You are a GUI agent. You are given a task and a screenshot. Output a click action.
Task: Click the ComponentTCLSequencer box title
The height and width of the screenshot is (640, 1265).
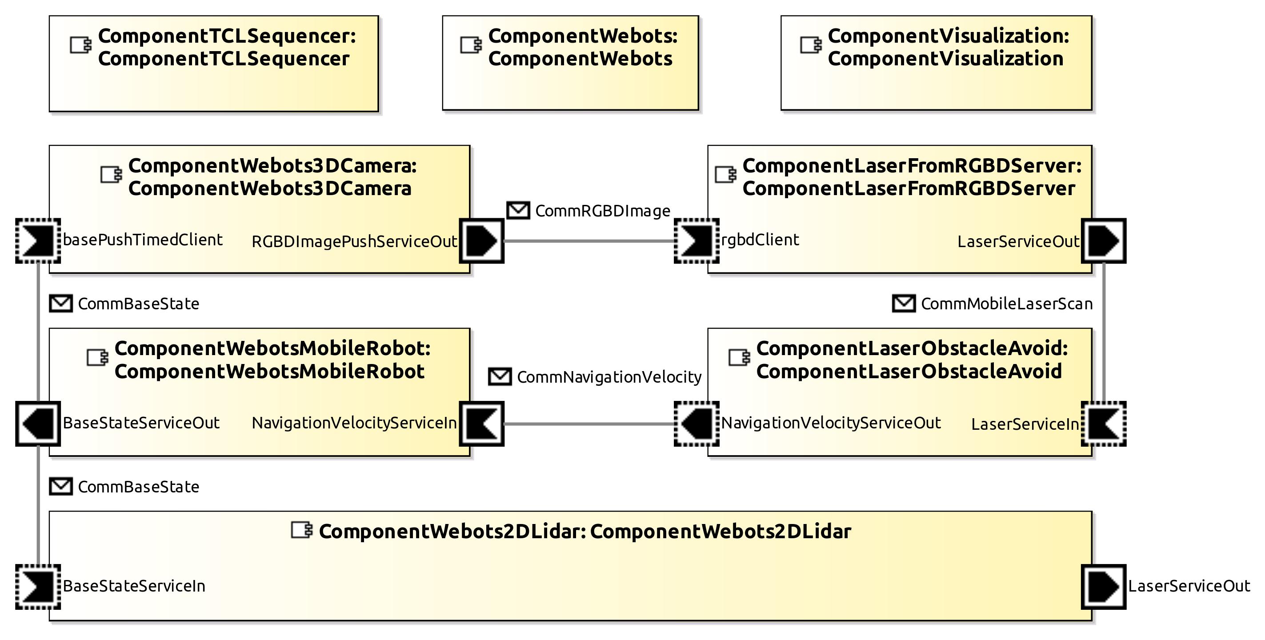click(x=226, y=47)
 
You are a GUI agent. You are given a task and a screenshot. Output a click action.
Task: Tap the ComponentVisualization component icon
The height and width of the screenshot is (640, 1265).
click(x=810, y=45)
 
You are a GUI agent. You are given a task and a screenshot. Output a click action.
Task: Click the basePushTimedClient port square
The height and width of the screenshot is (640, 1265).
click(x=38, y=241)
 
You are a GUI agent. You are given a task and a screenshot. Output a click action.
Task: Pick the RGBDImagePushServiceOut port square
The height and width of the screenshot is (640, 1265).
click(x=481, y=241)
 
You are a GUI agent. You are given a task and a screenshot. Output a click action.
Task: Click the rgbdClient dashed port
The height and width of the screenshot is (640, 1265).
click(x=697, y=241)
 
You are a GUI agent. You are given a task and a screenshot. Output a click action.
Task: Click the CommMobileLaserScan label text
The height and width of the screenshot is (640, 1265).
click(x=1006, y=304)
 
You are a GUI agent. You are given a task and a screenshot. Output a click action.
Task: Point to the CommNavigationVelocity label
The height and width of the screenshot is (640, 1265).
click(x=609, y=377)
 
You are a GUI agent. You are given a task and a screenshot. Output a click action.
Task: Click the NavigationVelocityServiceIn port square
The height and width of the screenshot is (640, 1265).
click(x=481, y=424)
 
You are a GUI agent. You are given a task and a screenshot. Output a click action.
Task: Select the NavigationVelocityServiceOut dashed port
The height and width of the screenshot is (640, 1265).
click(x=697, y=424)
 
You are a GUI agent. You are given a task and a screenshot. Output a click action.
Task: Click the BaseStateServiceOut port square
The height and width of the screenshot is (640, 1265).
click(x=38, y=424)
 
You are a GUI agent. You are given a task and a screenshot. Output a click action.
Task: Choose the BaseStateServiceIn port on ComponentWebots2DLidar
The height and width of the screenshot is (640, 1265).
click(x=38, y=587)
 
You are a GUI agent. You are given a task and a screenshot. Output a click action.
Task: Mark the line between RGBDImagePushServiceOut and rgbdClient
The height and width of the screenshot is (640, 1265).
click(x=589, y=241)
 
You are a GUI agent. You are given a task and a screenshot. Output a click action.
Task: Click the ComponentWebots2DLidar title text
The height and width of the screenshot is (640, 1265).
click(x=584, y=532)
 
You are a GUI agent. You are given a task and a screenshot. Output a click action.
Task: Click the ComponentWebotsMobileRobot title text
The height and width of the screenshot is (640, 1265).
click(x=272, y=360)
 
